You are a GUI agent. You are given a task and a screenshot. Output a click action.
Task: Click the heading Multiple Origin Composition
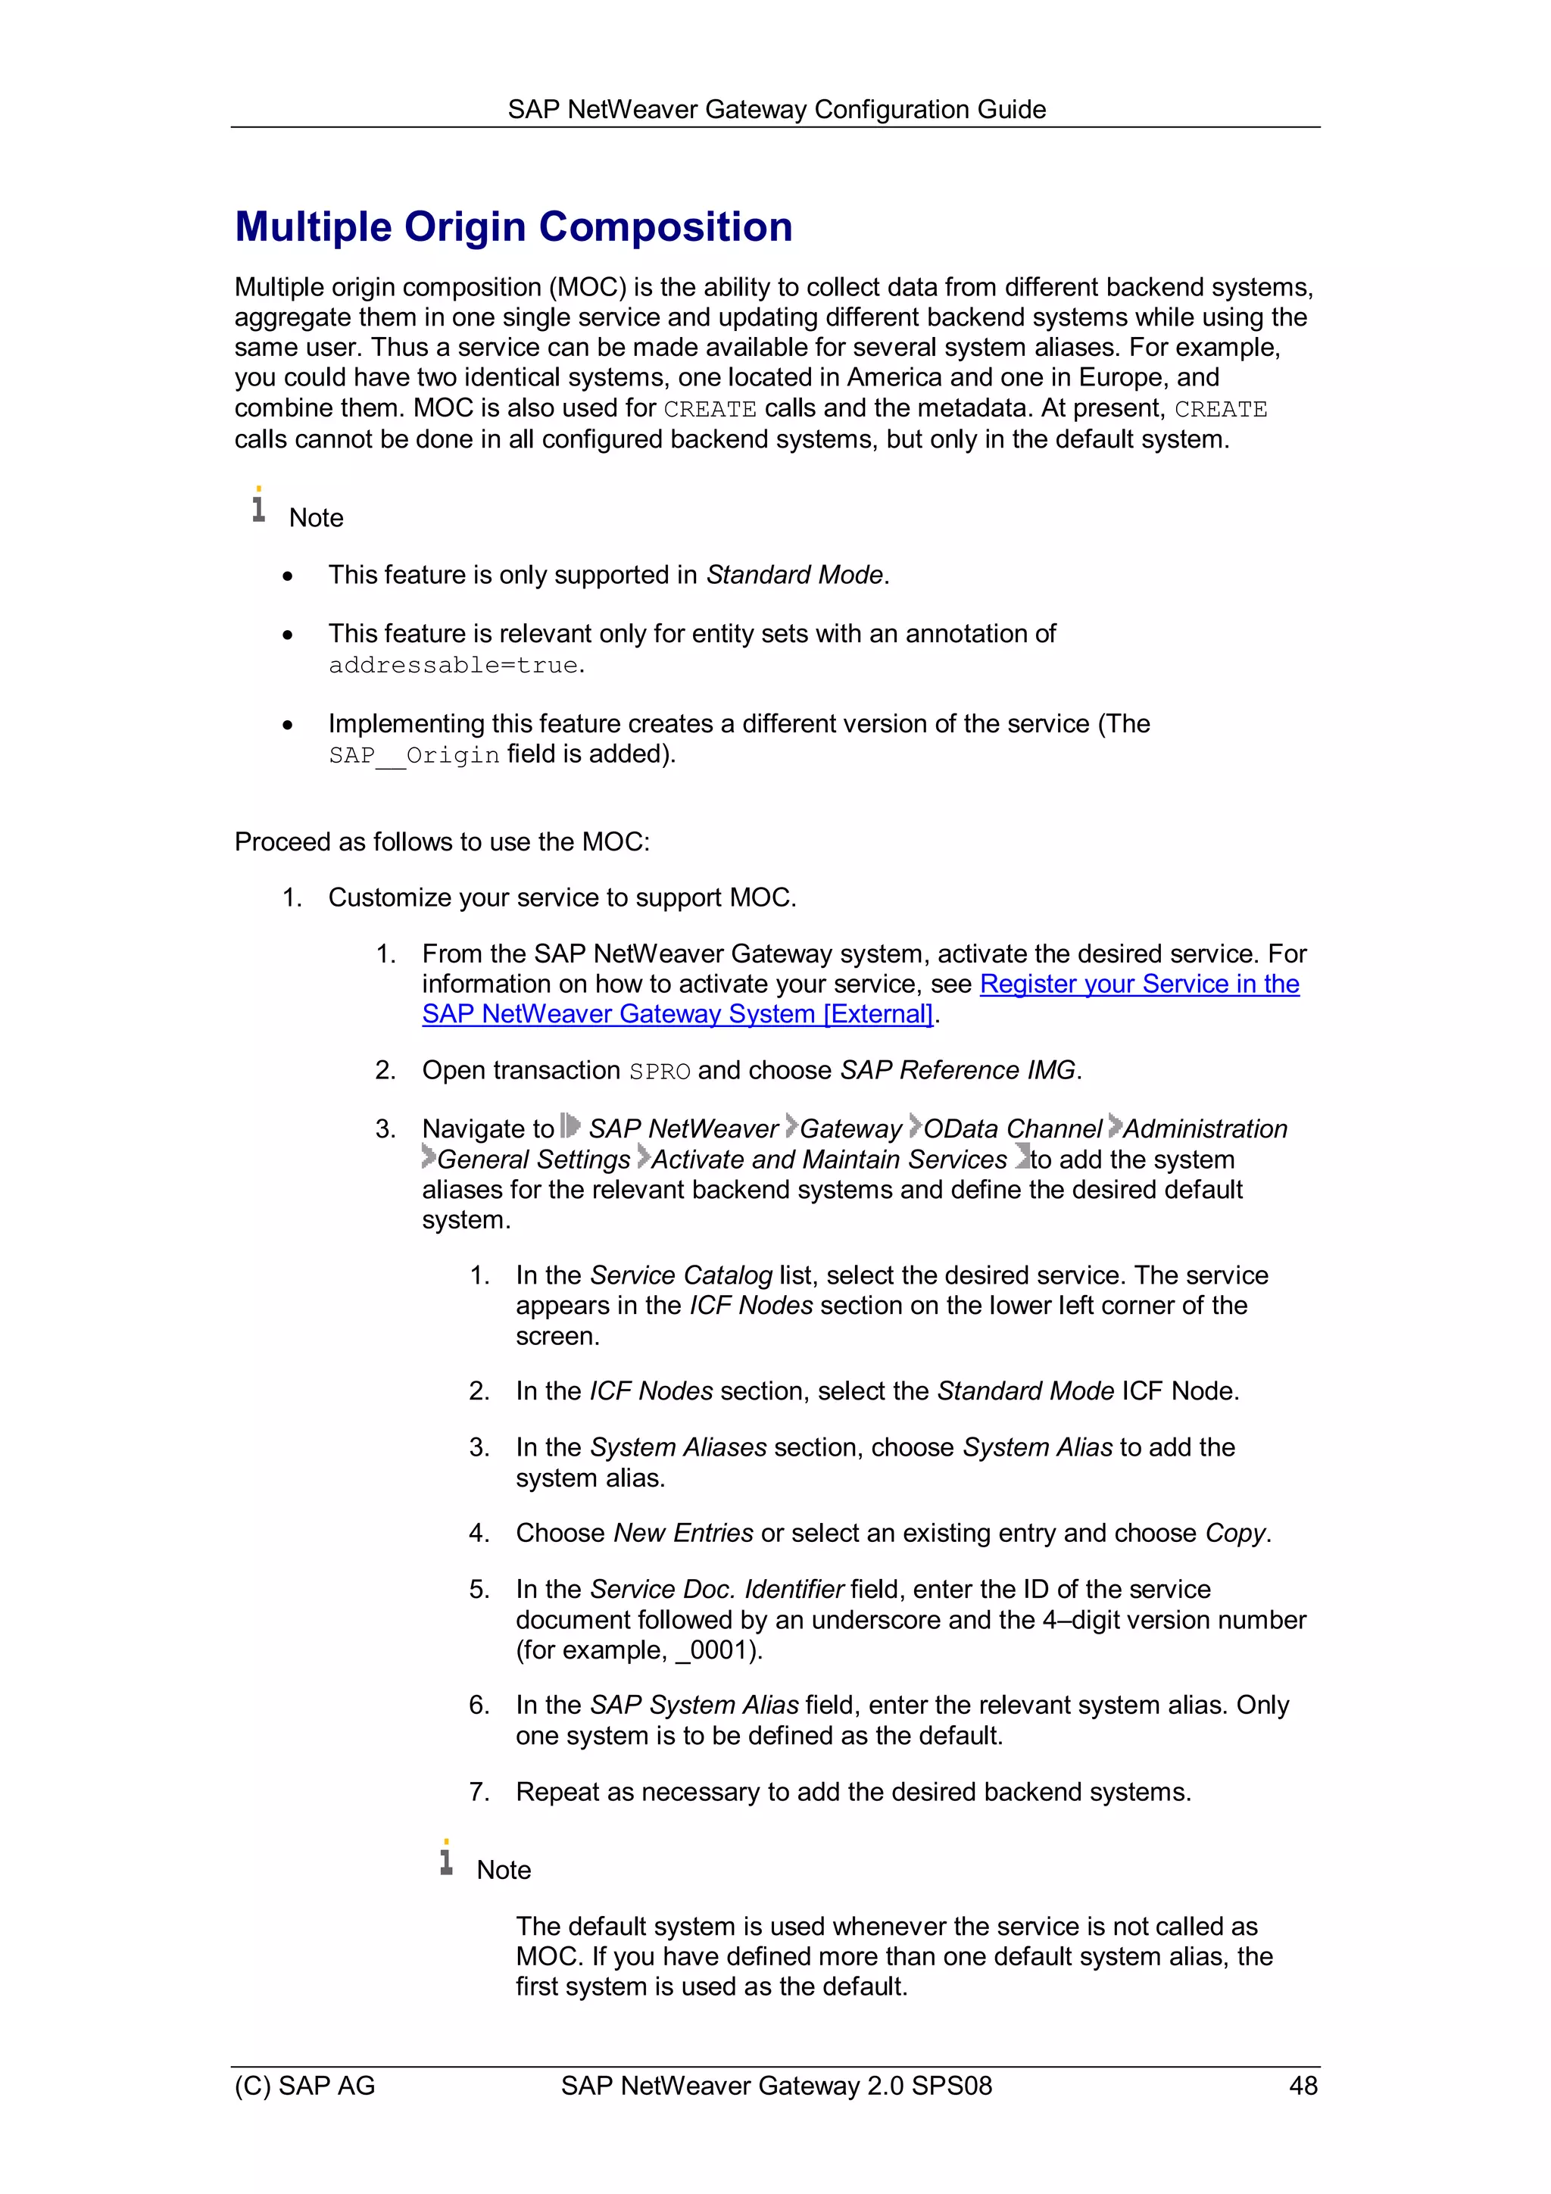tap(513, 227)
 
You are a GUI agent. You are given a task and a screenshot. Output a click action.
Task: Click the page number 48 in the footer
tap(1303, 2085)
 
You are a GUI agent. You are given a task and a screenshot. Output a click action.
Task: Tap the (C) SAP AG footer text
tap(305, 2085)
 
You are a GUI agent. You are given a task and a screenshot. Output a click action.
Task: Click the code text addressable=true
tap(454, 665)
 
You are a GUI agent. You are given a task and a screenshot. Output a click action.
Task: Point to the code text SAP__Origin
tap(413, 755)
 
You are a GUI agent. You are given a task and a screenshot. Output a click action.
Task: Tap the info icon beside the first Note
tap(258, 504)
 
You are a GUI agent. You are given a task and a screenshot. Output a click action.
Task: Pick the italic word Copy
tap(1236, 1533)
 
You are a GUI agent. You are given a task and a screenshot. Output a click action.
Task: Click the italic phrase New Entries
tap(683, 1533)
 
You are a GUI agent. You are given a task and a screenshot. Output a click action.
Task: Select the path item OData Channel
tap(1013, 1128)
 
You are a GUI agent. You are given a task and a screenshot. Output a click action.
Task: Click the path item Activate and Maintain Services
tap(829, 1159)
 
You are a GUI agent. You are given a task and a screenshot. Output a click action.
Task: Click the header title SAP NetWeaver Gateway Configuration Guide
tap(776, 109)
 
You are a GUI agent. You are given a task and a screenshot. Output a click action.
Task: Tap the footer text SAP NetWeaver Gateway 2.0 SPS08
tap(776, 2085)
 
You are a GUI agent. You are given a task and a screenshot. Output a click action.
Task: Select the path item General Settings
tap(534, 1159)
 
